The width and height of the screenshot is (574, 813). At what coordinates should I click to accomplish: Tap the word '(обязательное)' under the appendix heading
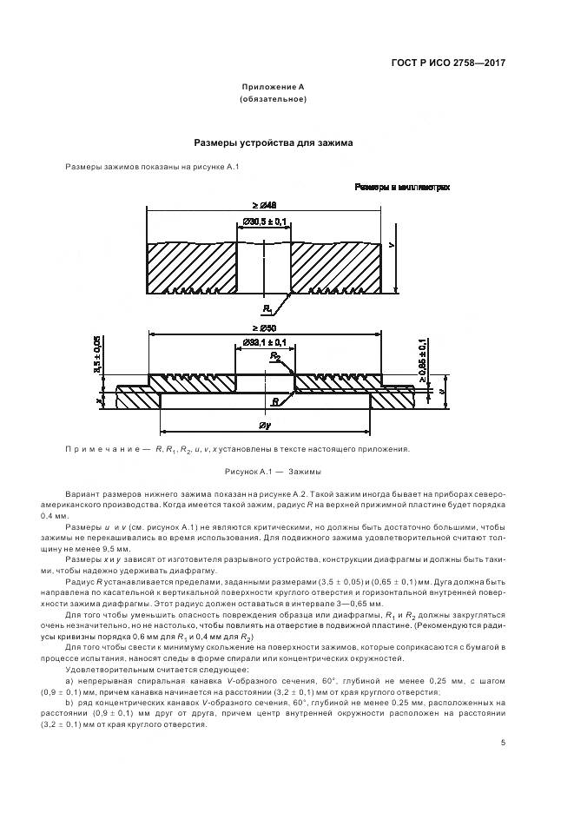pyautogui.click(x=273, y=100)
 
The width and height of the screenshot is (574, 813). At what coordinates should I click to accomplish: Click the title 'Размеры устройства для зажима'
pyautogui.click(x=273, y=142)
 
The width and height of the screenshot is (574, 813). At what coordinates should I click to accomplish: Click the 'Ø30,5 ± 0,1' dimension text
pyautogui.click(x=265, y=222)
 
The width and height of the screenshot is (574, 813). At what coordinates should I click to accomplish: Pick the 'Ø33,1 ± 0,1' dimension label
pyautogui.click(x=264, y=344)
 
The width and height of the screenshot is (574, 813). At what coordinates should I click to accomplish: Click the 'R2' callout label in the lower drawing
pyautogui.click(x=274, y=357)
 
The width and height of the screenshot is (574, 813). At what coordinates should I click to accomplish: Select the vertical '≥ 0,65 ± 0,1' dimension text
pyautogui.click(x=422, y=360)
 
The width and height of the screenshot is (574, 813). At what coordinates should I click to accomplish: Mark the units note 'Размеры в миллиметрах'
pyautogui.click(x=401, y=187)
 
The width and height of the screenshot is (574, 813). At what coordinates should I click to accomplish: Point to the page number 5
pyautogui.click(x=503, y=743)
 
